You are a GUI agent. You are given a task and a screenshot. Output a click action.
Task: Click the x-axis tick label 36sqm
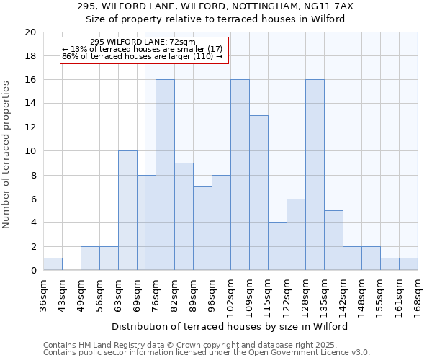pyautogui.click(x=44, y=294)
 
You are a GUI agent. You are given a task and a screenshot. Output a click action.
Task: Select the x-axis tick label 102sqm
pyautogui.click(x=231, y=297)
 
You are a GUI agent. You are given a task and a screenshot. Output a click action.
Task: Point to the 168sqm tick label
pyautogui.click(x=418, y=297)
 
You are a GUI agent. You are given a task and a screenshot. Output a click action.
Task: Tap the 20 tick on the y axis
pyautogui.click(x=30, y=32)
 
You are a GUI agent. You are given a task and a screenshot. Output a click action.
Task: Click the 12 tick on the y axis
pyautogui.click(x=30, y=127)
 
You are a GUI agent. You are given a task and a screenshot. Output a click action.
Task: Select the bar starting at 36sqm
pyautogui.click(x=53, y=264)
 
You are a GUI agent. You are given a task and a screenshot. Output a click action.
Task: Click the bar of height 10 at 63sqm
pyautogui.click(x=127, y=210)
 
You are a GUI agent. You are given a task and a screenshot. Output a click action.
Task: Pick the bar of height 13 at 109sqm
pyautogui.click(x=258, y=193)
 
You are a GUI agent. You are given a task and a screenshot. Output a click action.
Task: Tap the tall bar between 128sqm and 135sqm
pyautogui.click(x=315, y=175)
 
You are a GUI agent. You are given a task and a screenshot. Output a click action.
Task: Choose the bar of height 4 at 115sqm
pyautogui.click(x=277, y=246)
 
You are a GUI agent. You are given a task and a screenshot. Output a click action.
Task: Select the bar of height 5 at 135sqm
pyautogui.click(x=333, y=240)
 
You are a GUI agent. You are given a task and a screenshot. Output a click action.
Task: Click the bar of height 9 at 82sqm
pyautogui.click(x=184, y=217)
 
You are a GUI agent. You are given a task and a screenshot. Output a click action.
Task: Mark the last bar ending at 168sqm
pyautogui.click(x=408, y=264)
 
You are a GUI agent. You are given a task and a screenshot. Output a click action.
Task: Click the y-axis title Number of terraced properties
pyautogui.click(x=7, y=154)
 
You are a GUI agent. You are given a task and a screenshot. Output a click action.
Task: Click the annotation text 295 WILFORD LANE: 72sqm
pyautogui.click(x=143, y=42)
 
